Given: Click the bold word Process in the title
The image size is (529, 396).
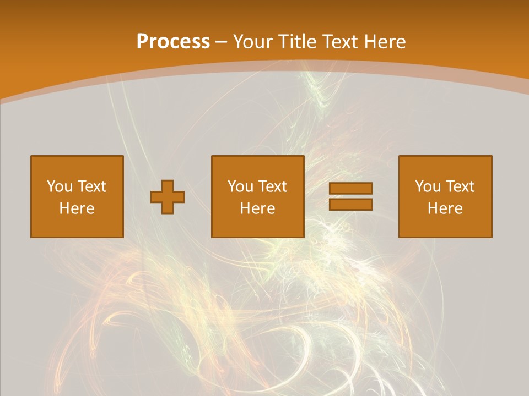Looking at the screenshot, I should (173, 42).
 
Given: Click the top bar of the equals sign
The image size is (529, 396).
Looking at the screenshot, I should (350, 188).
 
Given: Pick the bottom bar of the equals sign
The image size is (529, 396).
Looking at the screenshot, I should (350, 205).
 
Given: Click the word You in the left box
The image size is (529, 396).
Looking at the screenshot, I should (60, 186).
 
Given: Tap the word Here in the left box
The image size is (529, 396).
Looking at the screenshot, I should (77, 208).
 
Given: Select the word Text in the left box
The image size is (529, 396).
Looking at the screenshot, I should (91, 186).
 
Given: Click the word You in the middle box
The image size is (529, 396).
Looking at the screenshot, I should (240, 186).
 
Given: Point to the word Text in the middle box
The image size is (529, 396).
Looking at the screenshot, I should (272, 186).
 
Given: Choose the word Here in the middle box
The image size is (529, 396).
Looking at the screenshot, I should (257, 208).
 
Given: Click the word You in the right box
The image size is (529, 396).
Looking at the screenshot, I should (428, 186).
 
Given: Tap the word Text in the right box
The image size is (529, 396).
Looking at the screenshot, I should (460, 186).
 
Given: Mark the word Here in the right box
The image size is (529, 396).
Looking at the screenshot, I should (445, 208).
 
